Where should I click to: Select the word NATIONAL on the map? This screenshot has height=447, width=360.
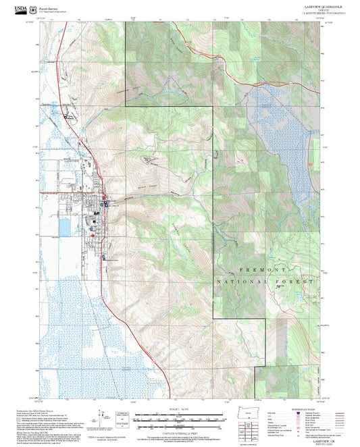coord(241,280)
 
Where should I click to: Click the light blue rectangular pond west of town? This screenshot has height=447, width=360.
coord(65,227)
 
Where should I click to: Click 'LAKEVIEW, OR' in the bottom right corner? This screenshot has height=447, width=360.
coord(305,439)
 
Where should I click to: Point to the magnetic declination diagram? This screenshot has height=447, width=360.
coord(102,419)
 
